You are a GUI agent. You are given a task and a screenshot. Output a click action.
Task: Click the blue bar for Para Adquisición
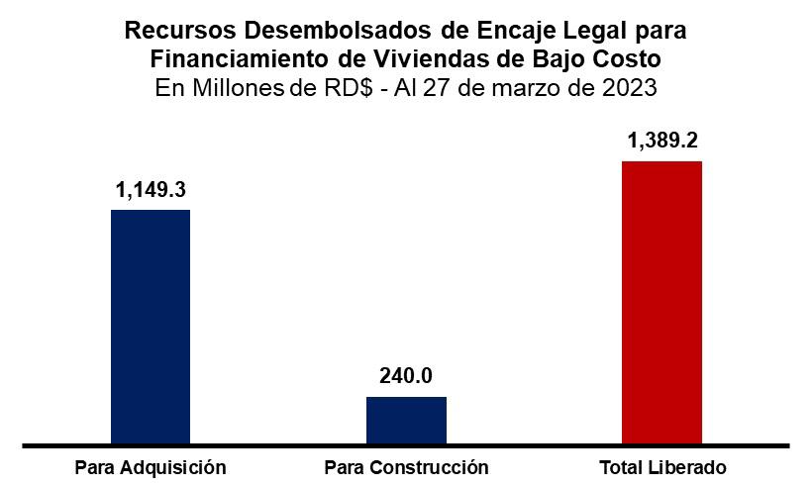[151, 327]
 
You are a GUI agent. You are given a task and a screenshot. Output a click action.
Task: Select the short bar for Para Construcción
[406, 421]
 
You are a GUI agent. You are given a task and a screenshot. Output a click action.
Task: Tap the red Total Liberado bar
[661, 303]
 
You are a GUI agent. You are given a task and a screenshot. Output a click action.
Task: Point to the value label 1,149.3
[151, 190]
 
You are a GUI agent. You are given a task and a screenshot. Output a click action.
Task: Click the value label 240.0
[406, 376]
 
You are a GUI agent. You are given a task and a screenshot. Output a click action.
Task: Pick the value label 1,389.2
[662, 141]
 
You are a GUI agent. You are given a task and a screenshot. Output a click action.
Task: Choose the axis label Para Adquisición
[151, 467]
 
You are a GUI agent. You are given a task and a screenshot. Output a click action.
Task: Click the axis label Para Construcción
[407, 467]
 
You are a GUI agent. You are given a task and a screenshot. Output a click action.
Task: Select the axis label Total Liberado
[662, 467]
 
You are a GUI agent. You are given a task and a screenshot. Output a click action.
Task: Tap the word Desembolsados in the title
[338, 31]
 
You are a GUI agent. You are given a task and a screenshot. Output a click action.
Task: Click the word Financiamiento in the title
[240, 59]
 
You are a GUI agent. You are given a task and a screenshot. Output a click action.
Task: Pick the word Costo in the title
[627, 59]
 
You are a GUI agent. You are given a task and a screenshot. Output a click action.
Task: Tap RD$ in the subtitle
[349, 87]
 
